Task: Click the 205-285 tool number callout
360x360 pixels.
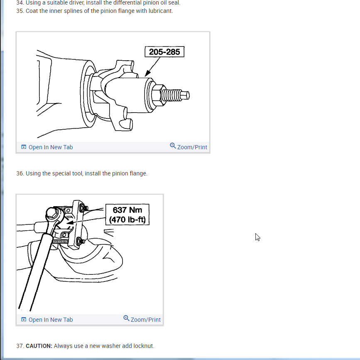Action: click(164, 52)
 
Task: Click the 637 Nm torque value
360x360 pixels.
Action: click(127, 210)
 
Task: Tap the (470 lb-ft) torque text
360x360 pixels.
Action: click(127, 219)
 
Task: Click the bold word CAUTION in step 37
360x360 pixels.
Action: click(39, 346)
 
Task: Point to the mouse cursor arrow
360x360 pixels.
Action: click(257, 237)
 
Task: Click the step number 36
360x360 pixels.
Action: click(20, 173)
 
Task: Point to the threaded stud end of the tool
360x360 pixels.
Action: click(175, 95)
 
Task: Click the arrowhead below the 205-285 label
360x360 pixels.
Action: click(148, 73)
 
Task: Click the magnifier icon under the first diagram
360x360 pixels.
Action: click(173, 146)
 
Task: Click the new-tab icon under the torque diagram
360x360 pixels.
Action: click(24, 320)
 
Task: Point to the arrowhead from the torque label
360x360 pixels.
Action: click(70, 222)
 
